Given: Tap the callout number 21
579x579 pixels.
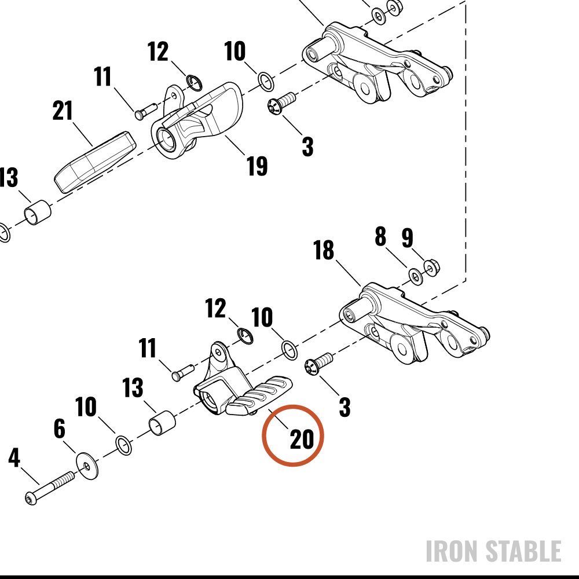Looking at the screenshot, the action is tap(63, 111).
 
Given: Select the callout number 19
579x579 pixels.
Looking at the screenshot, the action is tap(257, 166).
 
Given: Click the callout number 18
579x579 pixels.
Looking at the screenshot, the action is tap(324, 250).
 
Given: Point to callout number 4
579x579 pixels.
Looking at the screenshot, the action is tap(14, 457).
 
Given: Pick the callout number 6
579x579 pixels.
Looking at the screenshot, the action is tap(60, 428).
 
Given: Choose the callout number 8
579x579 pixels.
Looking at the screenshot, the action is tap(380, 236).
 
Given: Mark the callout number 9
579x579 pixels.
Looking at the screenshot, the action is tap(407, 237).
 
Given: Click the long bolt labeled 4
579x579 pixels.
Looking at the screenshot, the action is tap(50, 488).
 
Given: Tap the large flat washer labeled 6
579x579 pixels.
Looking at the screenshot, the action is tap(87, 466).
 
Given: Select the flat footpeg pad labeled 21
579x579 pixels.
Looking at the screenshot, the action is tap(95, 162).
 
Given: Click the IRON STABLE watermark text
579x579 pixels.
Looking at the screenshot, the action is tap(494, 551).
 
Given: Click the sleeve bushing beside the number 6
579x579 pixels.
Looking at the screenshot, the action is tap(162, 423).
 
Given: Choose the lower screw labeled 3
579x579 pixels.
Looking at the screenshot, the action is tap(319, 364).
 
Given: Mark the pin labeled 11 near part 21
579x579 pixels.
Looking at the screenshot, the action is tap(146, 111).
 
